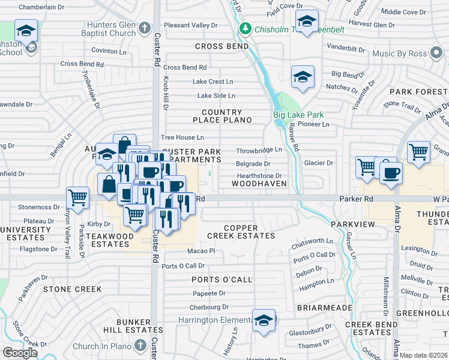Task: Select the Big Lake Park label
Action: (x=298, y=115)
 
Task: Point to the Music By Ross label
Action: (x=402, y=54)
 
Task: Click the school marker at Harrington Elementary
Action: (x=264, y=320)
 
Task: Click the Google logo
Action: (x=20, y=352)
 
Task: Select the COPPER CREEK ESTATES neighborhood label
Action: (x=249, y=232)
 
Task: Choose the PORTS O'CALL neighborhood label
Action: (x=219, y=280)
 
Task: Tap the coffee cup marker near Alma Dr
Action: (x=391, y=173)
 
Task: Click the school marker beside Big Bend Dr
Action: (x=303, y=76)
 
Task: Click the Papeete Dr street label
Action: (x=209, y=293)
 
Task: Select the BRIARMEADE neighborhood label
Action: (x=324, y=307)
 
